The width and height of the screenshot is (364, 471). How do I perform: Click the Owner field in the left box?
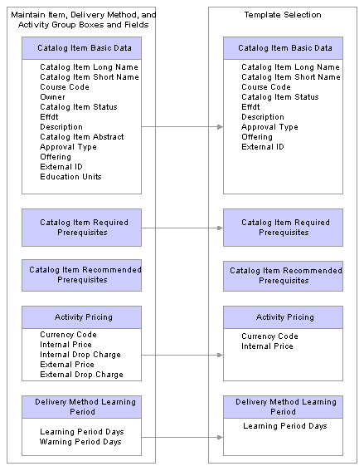(52, 97)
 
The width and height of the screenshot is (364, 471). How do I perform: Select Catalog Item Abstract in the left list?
(82, 137)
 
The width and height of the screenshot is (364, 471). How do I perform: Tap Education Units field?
(70, 177)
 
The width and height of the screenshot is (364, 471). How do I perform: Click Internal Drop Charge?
(80, 355)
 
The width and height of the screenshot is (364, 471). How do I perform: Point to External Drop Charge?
(81, 375)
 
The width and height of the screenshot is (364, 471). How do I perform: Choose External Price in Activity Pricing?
(67, 365)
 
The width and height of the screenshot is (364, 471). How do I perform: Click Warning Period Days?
(80, 442)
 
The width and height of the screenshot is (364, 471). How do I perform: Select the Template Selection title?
(283, 15)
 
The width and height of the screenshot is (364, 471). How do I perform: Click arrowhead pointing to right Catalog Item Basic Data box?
(220, 127)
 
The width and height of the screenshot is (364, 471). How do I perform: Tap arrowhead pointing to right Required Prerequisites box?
(220, 228)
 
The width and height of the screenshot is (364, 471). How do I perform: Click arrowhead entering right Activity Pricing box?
(220, 355)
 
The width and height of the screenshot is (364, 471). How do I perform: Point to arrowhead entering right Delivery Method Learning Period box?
(220, 437)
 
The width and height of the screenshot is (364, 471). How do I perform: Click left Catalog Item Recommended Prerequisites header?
(81, 275)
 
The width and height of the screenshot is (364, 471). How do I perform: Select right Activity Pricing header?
(283, 317)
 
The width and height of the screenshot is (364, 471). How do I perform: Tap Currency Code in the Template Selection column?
(269, 336)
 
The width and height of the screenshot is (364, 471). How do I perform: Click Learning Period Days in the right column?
(285, 426)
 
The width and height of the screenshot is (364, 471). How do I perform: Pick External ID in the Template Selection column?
(263, 147)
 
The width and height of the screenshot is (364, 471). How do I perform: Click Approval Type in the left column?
(68, 147)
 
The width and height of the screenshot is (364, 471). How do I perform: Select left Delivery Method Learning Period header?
(81, 407)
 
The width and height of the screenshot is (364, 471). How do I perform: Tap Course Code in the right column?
(266, 87)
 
